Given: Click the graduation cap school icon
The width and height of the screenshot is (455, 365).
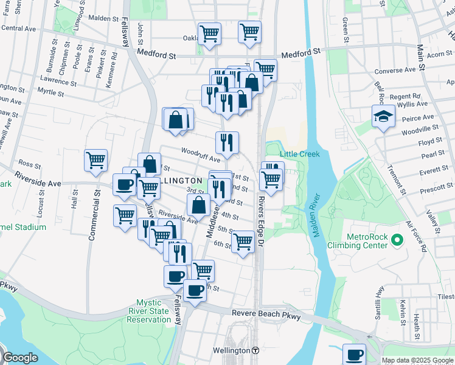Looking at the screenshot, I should [383, 117].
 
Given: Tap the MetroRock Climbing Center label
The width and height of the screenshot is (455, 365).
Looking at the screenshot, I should [366, 240].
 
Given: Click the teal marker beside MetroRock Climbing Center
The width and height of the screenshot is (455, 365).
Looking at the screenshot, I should [398, 240].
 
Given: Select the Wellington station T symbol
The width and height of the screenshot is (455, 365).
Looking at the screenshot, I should [255, 351].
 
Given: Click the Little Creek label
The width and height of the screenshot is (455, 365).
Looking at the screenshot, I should [299, 154].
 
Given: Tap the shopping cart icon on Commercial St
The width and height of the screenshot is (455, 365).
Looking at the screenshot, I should [96, 161].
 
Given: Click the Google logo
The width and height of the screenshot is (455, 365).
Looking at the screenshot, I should [21, 358].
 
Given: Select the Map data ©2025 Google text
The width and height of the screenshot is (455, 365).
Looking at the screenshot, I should [417, 360].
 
